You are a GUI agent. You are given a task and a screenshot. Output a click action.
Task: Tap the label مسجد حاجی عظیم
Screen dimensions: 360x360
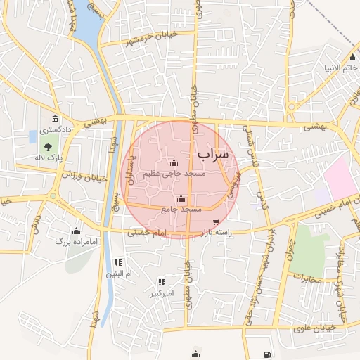tap(174, 174)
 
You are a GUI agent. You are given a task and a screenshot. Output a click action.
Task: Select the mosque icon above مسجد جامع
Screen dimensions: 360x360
tap(181, 198)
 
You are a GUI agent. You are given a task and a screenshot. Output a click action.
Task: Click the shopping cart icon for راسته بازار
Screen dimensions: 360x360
tap(215, 222)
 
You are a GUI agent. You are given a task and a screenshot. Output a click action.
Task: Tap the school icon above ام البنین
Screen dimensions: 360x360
tap(118, 262)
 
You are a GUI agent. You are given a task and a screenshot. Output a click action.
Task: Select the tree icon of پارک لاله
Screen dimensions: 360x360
tap(48, 147)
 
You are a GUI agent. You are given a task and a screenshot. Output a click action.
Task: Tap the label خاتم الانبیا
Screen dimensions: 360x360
tap(342, 68)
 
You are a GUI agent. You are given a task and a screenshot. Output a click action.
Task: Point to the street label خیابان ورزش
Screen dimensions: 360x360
tap(84, 176)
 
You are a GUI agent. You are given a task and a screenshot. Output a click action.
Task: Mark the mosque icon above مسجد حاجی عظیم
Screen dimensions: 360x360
tap(174, 163)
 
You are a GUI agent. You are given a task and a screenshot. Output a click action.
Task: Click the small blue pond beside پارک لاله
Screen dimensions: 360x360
tap(33, 134)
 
